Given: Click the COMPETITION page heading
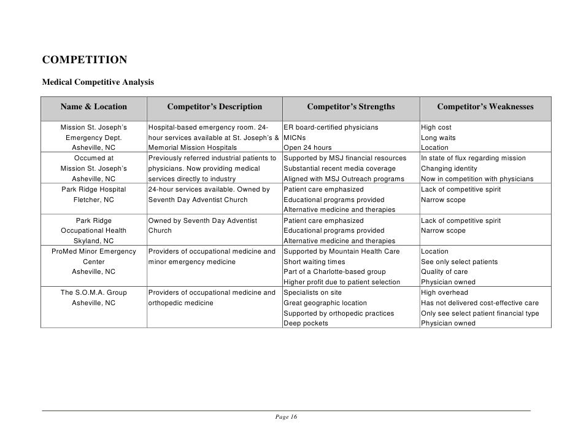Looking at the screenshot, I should point(85,60).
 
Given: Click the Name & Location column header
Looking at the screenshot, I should point(94,107).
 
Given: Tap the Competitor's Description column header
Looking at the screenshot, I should point(214,107).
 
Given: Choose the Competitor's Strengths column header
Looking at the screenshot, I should point(351,107).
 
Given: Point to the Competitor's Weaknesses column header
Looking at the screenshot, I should point(485,107).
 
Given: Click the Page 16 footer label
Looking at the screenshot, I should point(287,418).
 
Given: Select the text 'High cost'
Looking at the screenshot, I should point(436,128).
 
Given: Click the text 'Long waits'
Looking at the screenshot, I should point(438,138).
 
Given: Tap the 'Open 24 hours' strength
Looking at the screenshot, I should point(307,148).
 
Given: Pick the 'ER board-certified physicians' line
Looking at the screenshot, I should point(331,128).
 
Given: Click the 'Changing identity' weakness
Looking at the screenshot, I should point(449,168).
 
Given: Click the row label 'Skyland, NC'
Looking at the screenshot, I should point(94,241).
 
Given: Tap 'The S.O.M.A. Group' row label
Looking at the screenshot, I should point(94,292).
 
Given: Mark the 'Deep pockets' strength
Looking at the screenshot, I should point(306,323).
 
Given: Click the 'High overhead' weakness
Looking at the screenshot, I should point(445,292).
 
